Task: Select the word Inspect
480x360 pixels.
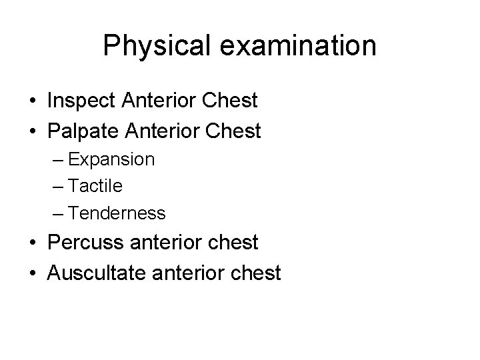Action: click(83, 101)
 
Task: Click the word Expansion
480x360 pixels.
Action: click(111, 160)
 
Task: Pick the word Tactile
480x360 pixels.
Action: click(95, 187)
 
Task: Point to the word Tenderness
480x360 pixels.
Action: click(117, 213)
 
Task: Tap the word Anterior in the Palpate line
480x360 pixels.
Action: click(171, 131)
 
